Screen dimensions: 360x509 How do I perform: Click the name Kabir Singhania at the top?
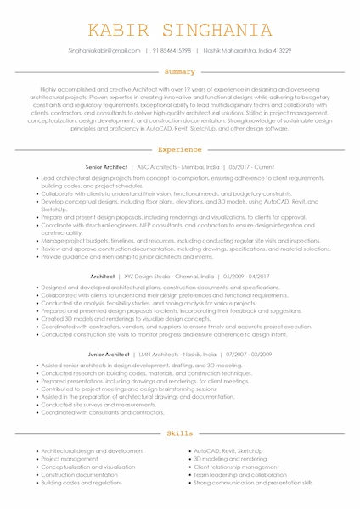tap(180, 31)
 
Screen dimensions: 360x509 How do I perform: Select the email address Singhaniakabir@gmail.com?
tap(104, 51)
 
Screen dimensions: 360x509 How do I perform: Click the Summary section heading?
tap(180, 72)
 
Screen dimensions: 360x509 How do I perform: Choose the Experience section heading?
tap(180, 149)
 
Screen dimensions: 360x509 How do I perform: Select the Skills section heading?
tap(180, 433)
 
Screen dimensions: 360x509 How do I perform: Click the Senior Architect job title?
tap(106, 168)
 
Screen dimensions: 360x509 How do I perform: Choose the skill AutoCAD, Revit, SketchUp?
tap(228, 451)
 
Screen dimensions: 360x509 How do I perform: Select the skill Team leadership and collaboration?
tap(240, 474)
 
